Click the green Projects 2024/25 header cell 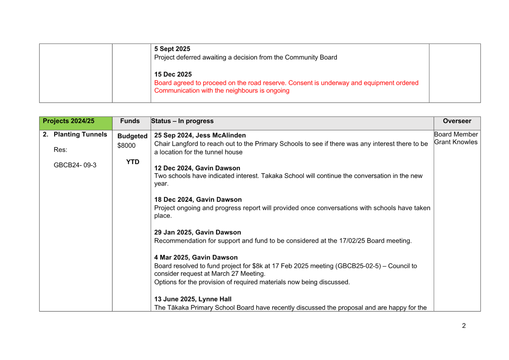tap(76, 123)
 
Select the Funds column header tap(130, 121)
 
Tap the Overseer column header tap(457, 121)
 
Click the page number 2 tap(464, 326)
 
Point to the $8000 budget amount tap(126, 145)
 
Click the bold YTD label tap(133, 162)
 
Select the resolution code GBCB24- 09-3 tap(75, 165)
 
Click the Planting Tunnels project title tap(80, 134)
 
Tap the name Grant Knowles tap(456, 142)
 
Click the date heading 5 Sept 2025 tap(172, 49)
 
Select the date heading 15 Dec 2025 tap(173, 74)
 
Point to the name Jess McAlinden tap(221, 135)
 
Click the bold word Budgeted tap(132, 136)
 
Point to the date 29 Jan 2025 tap(173, 232)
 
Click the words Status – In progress tap(182, 121)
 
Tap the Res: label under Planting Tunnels tap(60, 150)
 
